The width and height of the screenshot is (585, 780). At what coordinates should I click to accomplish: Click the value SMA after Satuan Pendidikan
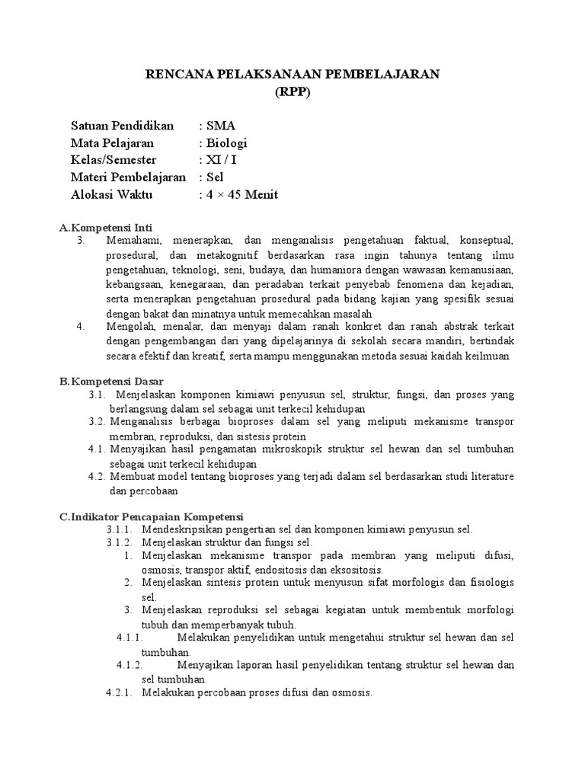pos(221,126)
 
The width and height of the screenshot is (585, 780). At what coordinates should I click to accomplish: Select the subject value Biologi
pos(225,143)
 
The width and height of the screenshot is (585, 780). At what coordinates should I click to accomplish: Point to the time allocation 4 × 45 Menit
pos(241,194)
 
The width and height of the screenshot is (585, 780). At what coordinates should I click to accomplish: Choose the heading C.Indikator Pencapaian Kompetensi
pos(152,516)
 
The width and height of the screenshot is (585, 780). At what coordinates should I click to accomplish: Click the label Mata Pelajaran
pos(112,143)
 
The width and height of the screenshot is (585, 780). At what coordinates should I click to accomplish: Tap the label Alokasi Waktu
pos(111,194)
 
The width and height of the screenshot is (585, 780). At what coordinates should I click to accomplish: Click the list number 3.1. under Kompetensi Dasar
pos(96,395)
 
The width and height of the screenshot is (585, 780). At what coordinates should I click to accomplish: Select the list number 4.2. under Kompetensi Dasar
pos(96,476)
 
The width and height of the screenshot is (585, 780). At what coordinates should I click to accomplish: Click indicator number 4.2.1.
pos(119,692)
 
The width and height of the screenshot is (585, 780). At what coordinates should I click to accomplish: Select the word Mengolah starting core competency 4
pos(129,326)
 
